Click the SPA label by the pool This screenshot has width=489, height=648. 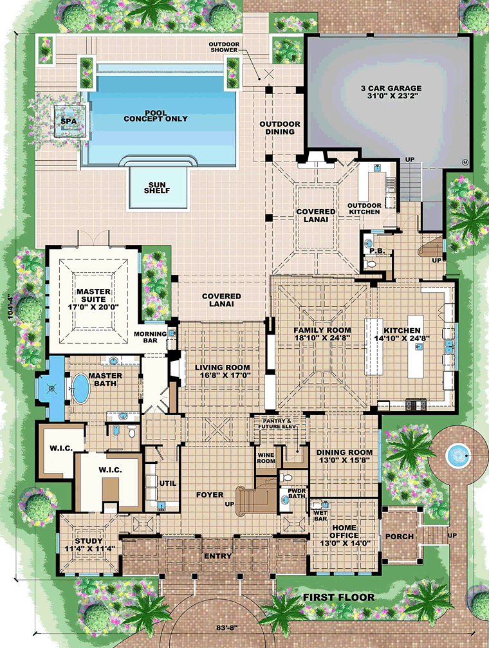tap(69, 122)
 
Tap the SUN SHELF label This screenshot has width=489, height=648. tap(157, 188)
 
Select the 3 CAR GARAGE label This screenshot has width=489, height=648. tap(391, 88)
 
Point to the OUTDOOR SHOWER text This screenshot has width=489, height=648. tap(224, 47)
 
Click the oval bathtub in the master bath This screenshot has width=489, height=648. tap(80, 389)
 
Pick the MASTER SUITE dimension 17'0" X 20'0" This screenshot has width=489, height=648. tap(93, 307)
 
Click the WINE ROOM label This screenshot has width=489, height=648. tap(266, 458)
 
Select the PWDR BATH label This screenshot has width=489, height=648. tap(297, 494)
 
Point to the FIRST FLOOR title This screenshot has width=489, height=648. tap(339, 597)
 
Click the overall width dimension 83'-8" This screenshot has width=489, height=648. tap(227, 627)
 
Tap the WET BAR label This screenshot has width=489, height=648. tap(320, 515)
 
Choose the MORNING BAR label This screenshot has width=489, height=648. tap(150, 337)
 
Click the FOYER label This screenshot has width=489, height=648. tap(210, 495)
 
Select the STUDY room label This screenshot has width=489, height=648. tap(88, 541)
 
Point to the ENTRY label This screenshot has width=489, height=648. tap(218, 556)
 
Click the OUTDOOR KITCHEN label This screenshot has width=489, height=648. tap(364, 208)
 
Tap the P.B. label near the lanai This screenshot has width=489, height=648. tap(377, 251)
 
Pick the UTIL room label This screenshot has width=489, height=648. tap(168, 483)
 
